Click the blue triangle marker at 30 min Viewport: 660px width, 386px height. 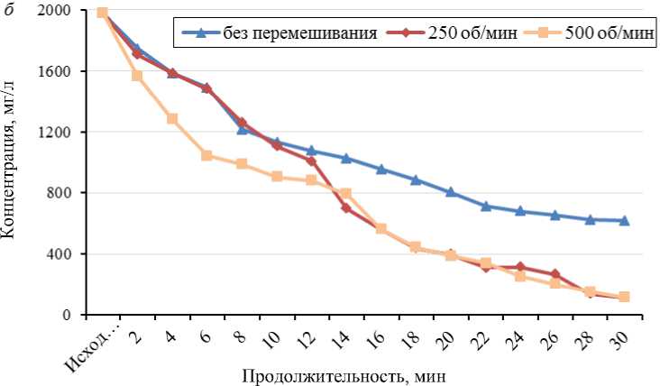tap(624, 220)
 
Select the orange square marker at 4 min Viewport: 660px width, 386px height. tap(172, 118)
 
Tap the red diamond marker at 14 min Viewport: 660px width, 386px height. tap(346, 207)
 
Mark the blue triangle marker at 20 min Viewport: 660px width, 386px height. tap(451, 192)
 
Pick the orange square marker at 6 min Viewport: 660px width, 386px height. tap(206, 155)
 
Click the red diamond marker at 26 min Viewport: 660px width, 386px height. tap(555, 274)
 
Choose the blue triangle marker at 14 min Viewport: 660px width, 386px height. tap(346, 158)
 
